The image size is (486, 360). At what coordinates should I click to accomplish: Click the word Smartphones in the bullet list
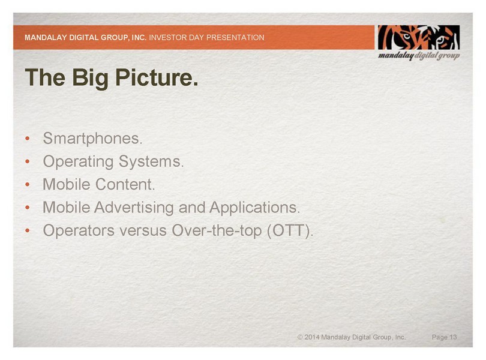pos(92,138)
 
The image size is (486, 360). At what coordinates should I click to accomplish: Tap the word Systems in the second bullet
pos(151,161)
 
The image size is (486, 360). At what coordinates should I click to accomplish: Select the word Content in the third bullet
pos(125,184)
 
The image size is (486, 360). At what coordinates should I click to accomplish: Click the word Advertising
pos(134,208)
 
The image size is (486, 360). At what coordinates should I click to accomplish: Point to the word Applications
pos(254,208)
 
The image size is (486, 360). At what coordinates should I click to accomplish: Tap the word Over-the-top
pos(217,230)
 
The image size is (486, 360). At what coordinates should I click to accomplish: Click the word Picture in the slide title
pos(156,77)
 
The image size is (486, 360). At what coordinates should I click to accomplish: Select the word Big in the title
pos(90,77)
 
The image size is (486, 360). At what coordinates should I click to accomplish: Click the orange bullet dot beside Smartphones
pos(28,138)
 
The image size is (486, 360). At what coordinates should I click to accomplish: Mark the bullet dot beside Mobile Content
pos(28,184)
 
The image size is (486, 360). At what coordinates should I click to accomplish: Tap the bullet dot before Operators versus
pos(28,230)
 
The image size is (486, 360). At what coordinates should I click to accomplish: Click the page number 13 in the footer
pos(453,337)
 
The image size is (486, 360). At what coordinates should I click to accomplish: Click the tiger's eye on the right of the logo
pos(441,40)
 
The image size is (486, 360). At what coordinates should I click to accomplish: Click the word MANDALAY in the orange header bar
pos(46,38)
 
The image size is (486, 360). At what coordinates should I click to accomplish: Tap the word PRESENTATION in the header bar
pos(236,38)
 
